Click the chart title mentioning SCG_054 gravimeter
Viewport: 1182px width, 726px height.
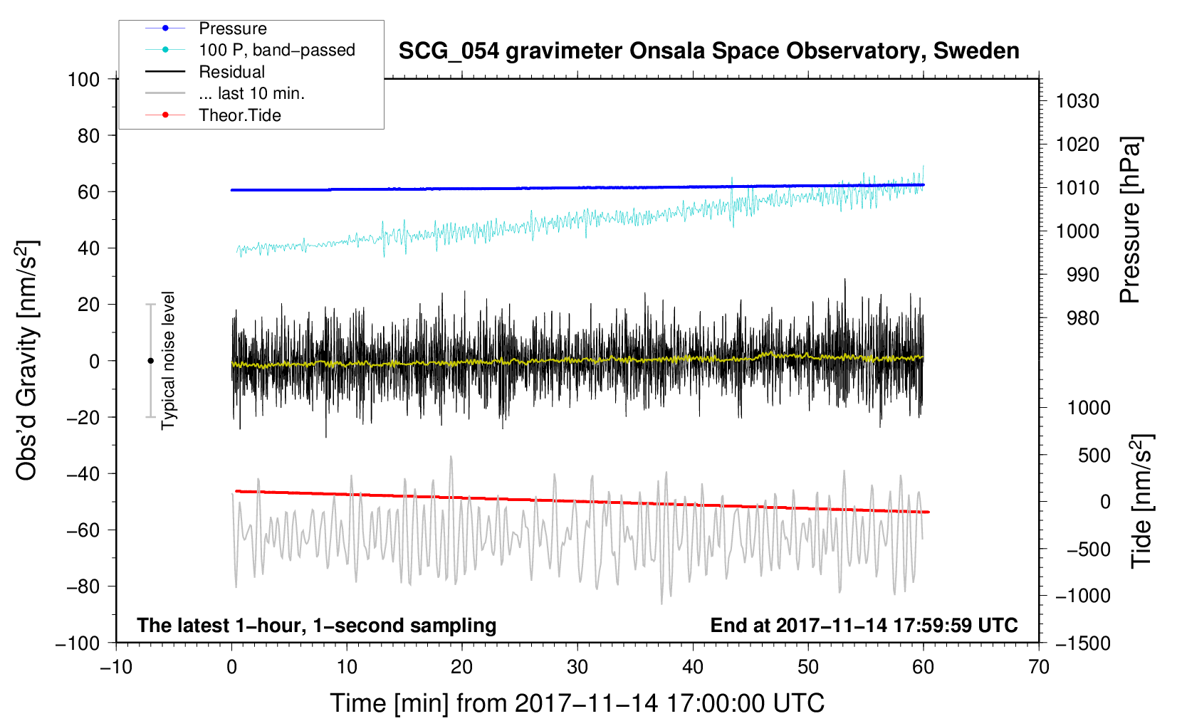pyautogui.click(x=708, y=51)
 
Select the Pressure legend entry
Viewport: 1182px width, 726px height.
pyautogui.click(x=206, y=28)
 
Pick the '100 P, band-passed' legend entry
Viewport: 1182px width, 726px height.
pyautogui.click(x=250, y=50)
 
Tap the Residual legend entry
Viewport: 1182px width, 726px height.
pyautogui.click(x=205, y=72)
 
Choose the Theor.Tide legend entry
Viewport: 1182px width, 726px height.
pyautogui.click(x=213, y=115)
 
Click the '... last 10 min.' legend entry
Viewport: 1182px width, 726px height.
pyautogui.click(x=225, y=93)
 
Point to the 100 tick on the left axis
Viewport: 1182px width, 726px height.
pyautogui.click(x=83, y=80)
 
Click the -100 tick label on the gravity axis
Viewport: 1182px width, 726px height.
pyautogui.click(x=78, y=643)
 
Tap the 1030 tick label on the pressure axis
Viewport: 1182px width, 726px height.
pyautogui.click(x=1077, y=101)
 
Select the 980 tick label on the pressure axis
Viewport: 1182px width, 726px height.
pyautogui.click(x=1082, y=318)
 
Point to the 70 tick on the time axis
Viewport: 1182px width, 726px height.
pyautogui.click(x=1038, y=667)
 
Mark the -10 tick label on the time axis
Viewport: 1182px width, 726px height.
pyautogui.click(x=116, y=667)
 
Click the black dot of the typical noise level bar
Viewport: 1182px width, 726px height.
pyautogui.click(x=150, y=361)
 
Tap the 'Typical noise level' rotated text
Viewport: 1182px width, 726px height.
pyautogui.click(x=168, y=360)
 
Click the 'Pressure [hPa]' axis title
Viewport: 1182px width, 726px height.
pyautogui.click(x=1130, y=220)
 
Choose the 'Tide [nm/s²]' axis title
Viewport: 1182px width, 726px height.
pyautogui.click(x=1142, y=501)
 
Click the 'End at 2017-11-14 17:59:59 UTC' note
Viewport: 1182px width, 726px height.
pyautogui.click(x=864, y=625)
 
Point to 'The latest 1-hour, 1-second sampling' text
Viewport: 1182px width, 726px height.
pyautogui.click(x=317, y=625)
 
